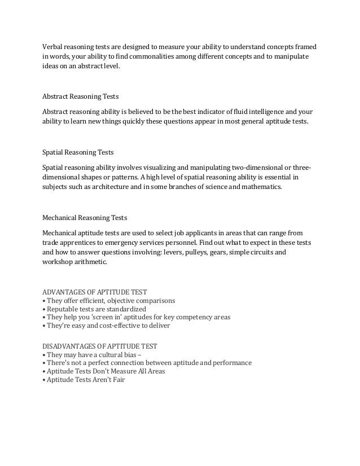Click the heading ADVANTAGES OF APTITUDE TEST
tap(95, 292)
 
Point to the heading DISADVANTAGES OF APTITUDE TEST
tap(100, 345)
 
